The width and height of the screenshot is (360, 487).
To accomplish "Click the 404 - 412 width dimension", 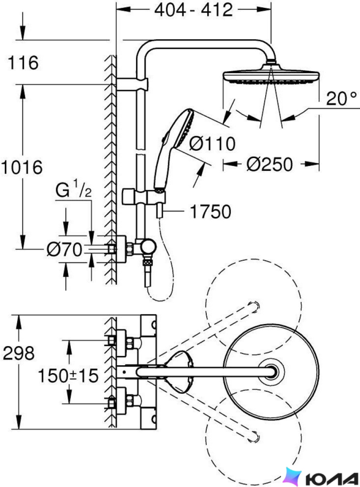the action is pos(194,10).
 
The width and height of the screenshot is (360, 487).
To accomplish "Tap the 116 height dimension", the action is pos(23,62).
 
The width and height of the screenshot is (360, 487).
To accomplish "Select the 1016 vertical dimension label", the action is pos(21,167).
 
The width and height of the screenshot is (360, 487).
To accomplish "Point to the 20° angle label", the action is pos(341,99).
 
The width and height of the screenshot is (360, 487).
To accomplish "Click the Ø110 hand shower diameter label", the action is pos(212,144).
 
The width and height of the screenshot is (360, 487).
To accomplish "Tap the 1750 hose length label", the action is pos(210,212).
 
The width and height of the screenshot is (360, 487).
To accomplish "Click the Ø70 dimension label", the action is pos(65,249).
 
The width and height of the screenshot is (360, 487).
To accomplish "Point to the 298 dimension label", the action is pos(19,353).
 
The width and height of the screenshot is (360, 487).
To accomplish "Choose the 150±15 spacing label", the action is pos(68,375).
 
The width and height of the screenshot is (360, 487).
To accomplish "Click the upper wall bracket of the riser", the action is pos(132,84).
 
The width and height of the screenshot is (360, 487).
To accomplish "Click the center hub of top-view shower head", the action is pos(272,371).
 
